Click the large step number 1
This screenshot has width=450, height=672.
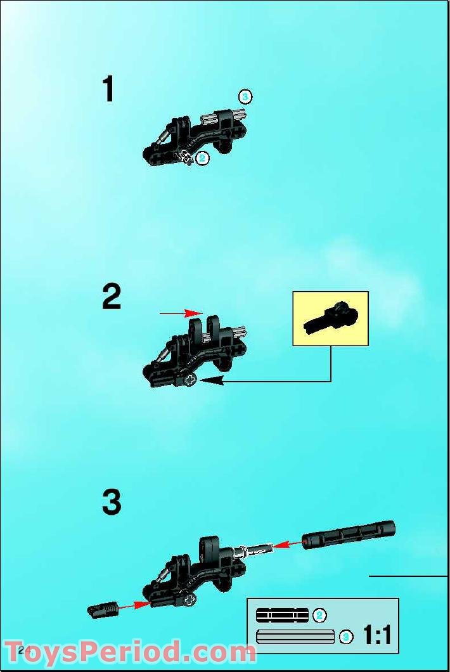coord(109,90)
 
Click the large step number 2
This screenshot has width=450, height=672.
coord(112,297)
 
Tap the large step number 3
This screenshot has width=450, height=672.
coord(112,503)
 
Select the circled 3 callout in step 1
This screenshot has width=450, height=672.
coord(245,96)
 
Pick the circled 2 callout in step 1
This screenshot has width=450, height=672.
coord(202,158)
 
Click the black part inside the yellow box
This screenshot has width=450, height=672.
coord(330,317)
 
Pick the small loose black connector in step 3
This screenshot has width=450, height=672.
coord(103,610)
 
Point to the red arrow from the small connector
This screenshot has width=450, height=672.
coord(134,605)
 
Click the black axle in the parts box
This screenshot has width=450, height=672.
coord(282,615)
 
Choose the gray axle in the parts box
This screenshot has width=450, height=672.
coord(295,636)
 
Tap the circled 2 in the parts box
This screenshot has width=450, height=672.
coord(319,615)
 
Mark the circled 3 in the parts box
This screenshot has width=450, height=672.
coord(345,636)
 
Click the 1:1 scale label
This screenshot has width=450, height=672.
coord(376,634)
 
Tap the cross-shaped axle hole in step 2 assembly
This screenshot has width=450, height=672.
coord(190,379)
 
